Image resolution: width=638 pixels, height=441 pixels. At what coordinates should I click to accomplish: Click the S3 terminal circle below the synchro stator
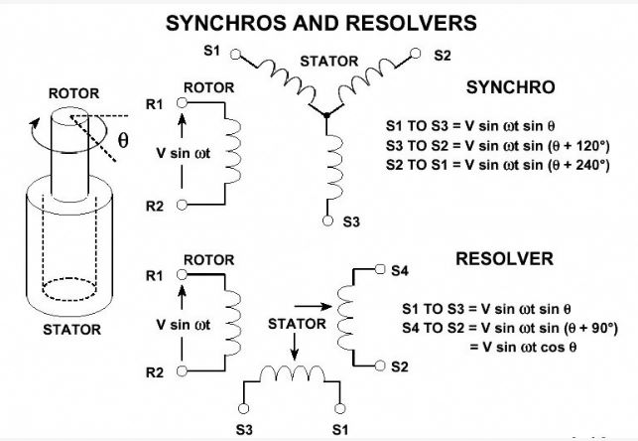(327, 220)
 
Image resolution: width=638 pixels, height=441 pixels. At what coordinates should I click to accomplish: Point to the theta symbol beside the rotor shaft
(123, 141)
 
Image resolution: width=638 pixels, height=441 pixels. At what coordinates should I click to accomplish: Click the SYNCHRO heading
(511, 87)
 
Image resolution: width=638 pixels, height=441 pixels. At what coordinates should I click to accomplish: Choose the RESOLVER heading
(503, 259)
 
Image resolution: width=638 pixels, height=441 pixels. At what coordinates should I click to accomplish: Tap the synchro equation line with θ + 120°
(497, 147)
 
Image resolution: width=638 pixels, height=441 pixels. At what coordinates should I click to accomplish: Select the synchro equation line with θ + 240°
(497, 166)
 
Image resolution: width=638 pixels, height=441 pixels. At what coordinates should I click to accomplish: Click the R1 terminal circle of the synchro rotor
(182, 102)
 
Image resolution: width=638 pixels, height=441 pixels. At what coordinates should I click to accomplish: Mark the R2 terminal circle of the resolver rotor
(182, 372)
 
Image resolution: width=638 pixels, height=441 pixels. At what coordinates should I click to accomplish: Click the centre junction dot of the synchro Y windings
(327, 116)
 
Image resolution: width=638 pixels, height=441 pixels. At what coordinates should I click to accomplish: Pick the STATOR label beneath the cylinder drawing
(72, 329)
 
